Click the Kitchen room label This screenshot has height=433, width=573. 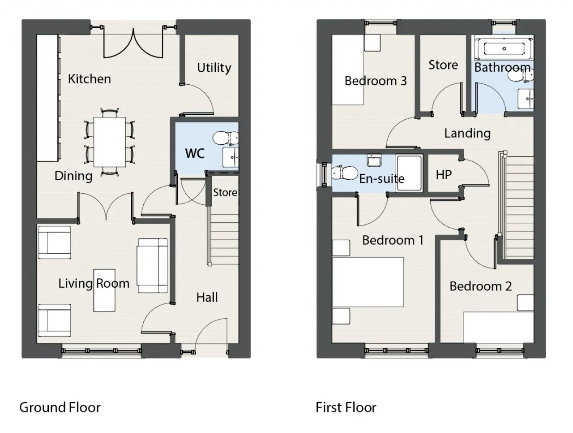click(89, 79)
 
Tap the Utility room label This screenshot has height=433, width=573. click(214, 68)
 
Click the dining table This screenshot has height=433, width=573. click(109, 142)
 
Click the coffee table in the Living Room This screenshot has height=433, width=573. click(105, 290)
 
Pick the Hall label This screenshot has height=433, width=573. click(207, 297)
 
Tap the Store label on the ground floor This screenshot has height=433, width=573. click(225, 192)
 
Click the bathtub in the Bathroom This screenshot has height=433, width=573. click(504, 48)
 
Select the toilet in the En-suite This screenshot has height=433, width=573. click(343, 172)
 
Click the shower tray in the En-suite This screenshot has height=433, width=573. click(409, 173)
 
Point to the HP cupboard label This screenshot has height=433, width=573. click(444, 174)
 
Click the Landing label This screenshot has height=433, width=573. click(467, 133)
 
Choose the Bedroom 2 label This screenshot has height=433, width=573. click(480, 286)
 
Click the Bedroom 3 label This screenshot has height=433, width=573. click(376, 81)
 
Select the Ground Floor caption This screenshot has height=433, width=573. click(60, 407)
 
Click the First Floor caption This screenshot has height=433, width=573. click(346, 407)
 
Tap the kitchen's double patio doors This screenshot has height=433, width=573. click(133, 44)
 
